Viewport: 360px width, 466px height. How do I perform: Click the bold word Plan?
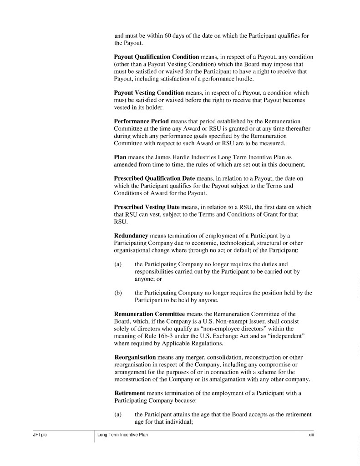(120, 157)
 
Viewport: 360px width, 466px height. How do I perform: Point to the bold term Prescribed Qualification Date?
(154, 179)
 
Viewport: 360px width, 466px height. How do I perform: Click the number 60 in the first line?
(167, 36)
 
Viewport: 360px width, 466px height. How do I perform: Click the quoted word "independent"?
(285, 336)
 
